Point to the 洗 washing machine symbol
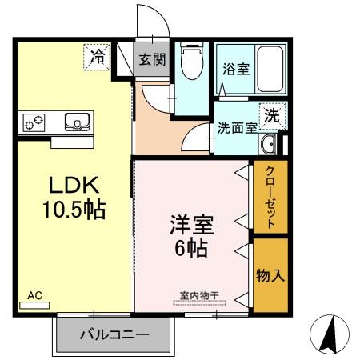click(x=273, y=114)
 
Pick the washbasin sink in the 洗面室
click(x=269, y=145)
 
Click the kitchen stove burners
click(x=34, y=122)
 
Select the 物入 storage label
click(x=270, y=275)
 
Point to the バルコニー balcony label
click(x=114, y=335)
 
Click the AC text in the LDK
click(x=34, y=296)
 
